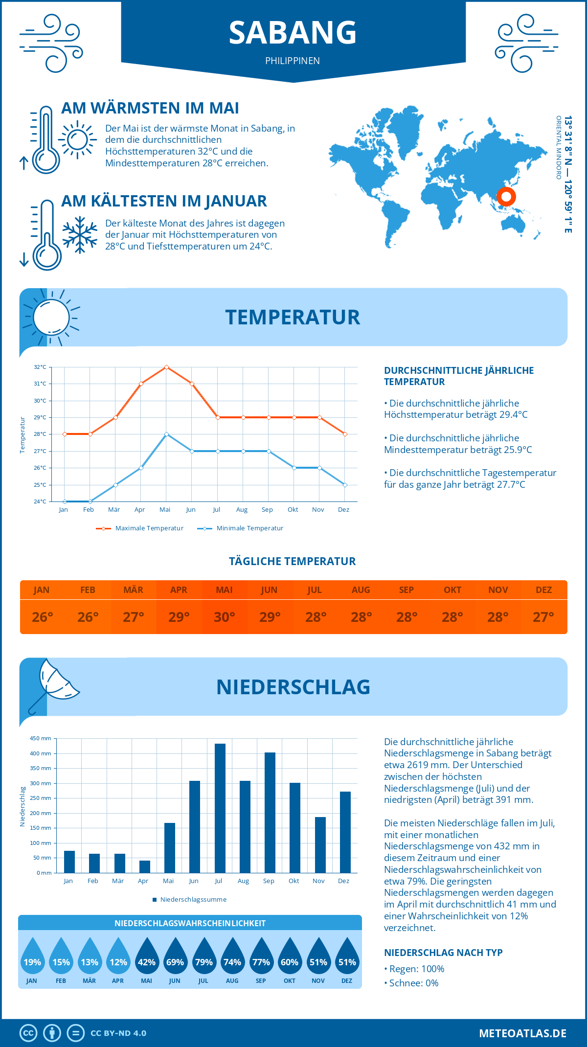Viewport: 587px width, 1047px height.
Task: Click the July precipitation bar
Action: click(x=220, y=808)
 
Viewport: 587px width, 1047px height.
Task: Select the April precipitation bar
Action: click(x=145, y=866)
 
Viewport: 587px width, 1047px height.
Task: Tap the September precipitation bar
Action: click(x=270, y=813)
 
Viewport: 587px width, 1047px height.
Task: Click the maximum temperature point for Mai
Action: click(x=167, y=367)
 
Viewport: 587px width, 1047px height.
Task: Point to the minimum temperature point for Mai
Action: click(x=167, y=434)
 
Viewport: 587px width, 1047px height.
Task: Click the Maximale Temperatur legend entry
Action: click(x=140, y=528)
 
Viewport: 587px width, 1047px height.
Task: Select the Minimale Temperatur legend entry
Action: click(x=241, y=528)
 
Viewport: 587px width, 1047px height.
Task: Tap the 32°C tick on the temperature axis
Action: click(x=40, y=367)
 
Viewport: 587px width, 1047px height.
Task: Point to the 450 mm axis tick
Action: click(x=41, y=738)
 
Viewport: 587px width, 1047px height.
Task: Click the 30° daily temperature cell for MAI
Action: click(x=225, y=617)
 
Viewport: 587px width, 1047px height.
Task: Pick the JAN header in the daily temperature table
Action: click(x=42, y=590)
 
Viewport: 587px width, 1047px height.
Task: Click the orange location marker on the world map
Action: click(x=506, y=197)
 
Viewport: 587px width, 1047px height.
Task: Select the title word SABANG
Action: click(x=293, y=33)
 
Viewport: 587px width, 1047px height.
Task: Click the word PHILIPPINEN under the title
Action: click(x=293, y=61)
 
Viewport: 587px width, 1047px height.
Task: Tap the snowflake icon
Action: click(x=80, y=235)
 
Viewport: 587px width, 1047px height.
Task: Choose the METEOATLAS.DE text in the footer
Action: click(x=522, y=1033)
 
